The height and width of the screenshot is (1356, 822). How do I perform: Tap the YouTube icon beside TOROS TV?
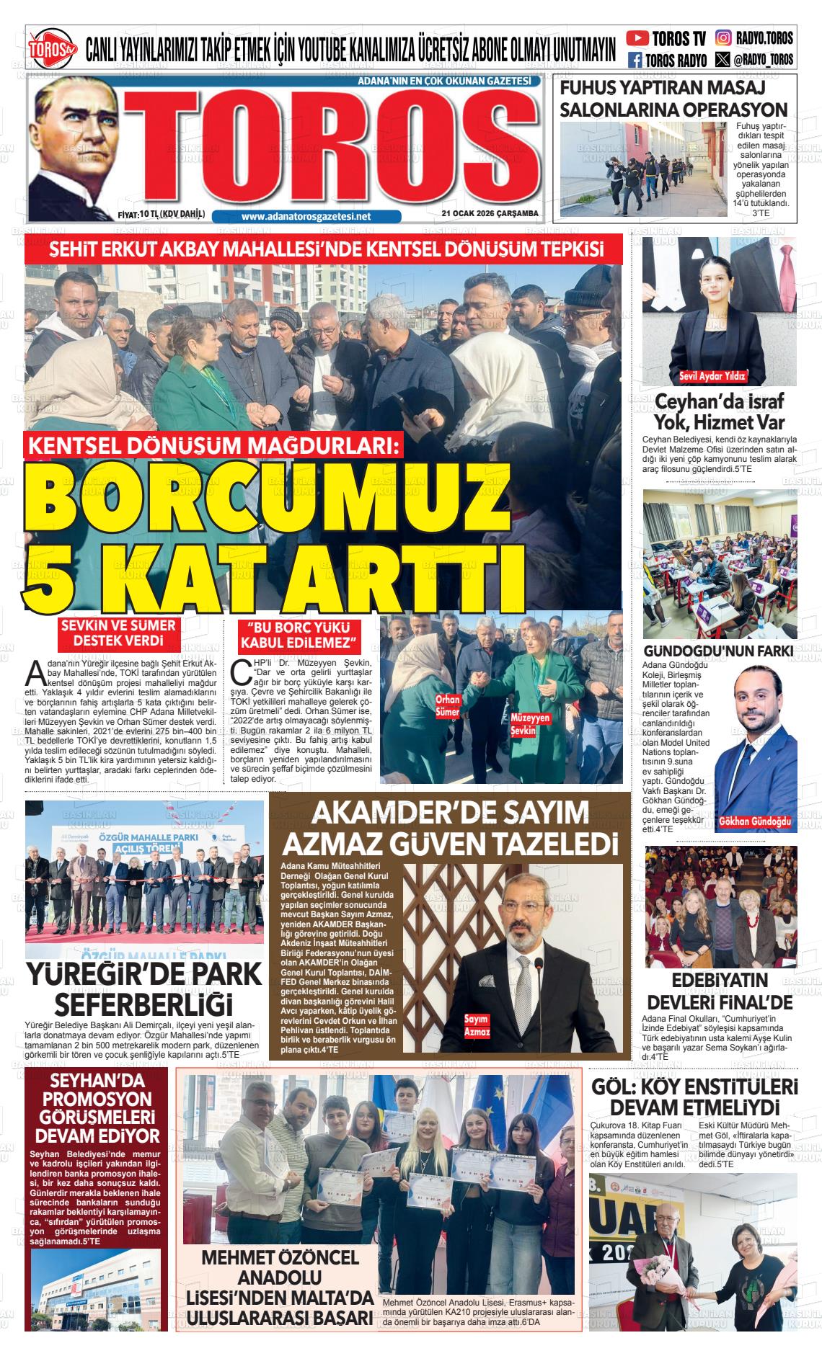pyautogui.click(x=637, y=38)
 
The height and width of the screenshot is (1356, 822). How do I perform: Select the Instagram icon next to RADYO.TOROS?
pyautogui.click(x=724, y=38)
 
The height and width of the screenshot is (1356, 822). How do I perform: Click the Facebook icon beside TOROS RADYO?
pyautogui.click(x=635, y=61)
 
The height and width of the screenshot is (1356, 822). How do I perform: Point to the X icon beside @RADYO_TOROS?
pyautogui.click(x=722, y=59)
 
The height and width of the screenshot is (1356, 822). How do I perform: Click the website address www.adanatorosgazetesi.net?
pyautogui.click(x=306, y=216)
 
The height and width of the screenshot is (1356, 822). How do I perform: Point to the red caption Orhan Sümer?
pyautogui.click(x=447, y=706)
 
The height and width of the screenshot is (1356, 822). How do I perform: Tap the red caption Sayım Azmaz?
pyautogui.click(x=477, y=1026)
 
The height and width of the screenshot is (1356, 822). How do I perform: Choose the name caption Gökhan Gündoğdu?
pyautogui.click(x=755, y=822)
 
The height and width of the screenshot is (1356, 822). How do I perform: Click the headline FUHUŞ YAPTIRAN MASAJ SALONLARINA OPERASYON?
pyautogui.click(x=673, y=99)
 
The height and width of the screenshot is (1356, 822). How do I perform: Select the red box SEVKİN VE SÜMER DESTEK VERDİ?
pyautogui.click(x=118, y=633)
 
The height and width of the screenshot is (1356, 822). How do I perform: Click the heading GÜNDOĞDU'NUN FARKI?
pyautogui.click(x=718, y=651)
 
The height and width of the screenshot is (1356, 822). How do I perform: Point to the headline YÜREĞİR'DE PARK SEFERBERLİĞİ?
pyautogui.click(x=143, y=989)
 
